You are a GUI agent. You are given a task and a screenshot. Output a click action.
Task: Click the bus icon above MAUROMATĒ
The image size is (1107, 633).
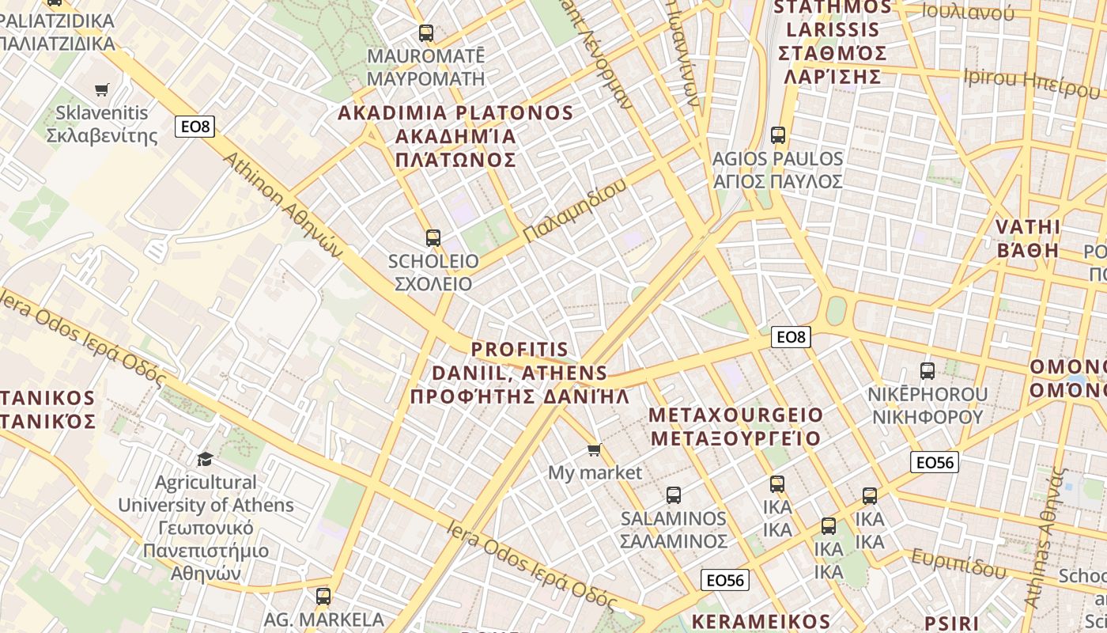(426, 33)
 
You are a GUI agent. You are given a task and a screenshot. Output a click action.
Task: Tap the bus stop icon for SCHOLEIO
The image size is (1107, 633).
(433, 237)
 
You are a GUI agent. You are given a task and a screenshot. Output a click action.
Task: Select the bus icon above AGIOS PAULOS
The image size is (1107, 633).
(778, 135)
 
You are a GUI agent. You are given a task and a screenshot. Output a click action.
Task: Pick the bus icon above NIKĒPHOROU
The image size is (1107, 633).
(927, 370)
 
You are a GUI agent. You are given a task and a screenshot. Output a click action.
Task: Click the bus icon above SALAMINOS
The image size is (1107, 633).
(673, 495)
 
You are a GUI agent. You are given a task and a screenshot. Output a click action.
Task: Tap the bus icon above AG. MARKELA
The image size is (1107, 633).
(323, 596)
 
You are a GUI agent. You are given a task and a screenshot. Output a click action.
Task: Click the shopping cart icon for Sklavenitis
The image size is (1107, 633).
(101, 89)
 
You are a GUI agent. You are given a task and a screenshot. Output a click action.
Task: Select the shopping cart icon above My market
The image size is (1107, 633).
(594, 450)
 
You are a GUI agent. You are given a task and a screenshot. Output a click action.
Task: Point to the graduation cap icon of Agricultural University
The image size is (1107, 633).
(205, 459)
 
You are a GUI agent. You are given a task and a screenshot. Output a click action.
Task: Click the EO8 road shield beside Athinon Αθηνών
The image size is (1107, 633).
(195, 127)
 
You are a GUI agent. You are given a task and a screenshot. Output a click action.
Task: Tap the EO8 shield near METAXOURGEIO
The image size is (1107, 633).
(791, 337)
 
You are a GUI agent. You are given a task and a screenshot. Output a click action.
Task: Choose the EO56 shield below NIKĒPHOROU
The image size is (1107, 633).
(934, 462)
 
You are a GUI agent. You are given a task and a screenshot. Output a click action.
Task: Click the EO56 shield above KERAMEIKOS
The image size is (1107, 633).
(724, 580)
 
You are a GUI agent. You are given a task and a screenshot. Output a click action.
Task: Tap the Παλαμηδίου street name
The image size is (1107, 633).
(575, 210)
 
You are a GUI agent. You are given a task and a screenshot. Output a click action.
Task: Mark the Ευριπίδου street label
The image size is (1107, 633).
(958, 563)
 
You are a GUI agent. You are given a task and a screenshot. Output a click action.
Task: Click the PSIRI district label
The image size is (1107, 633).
(951, 624)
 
